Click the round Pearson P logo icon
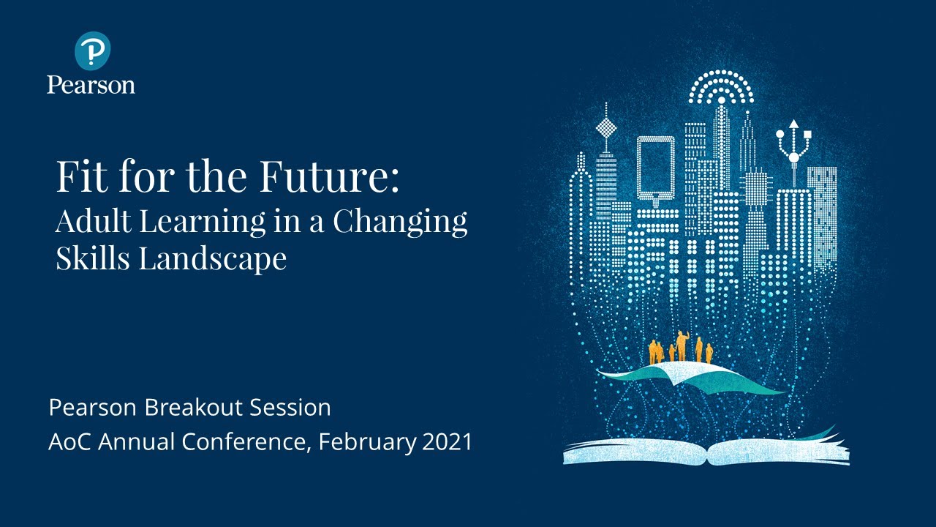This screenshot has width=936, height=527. pyautogui.click(x=93, y=51)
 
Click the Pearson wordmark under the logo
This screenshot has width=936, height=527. pyautogui.click(x=91, y=85)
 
